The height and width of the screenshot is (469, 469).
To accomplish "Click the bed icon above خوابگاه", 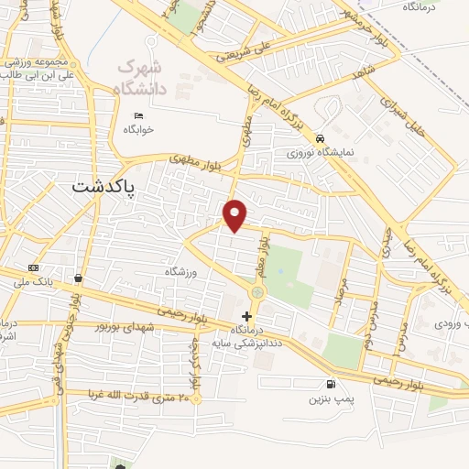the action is pos(138,115).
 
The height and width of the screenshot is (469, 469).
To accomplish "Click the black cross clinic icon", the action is pos(245,315).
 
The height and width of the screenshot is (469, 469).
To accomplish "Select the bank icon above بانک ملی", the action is pos(34,267).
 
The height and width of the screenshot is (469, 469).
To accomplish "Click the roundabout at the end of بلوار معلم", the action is pos(257,292).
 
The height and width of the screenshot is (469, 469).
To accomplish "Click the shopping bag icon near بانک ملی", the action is pos(79,278).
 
